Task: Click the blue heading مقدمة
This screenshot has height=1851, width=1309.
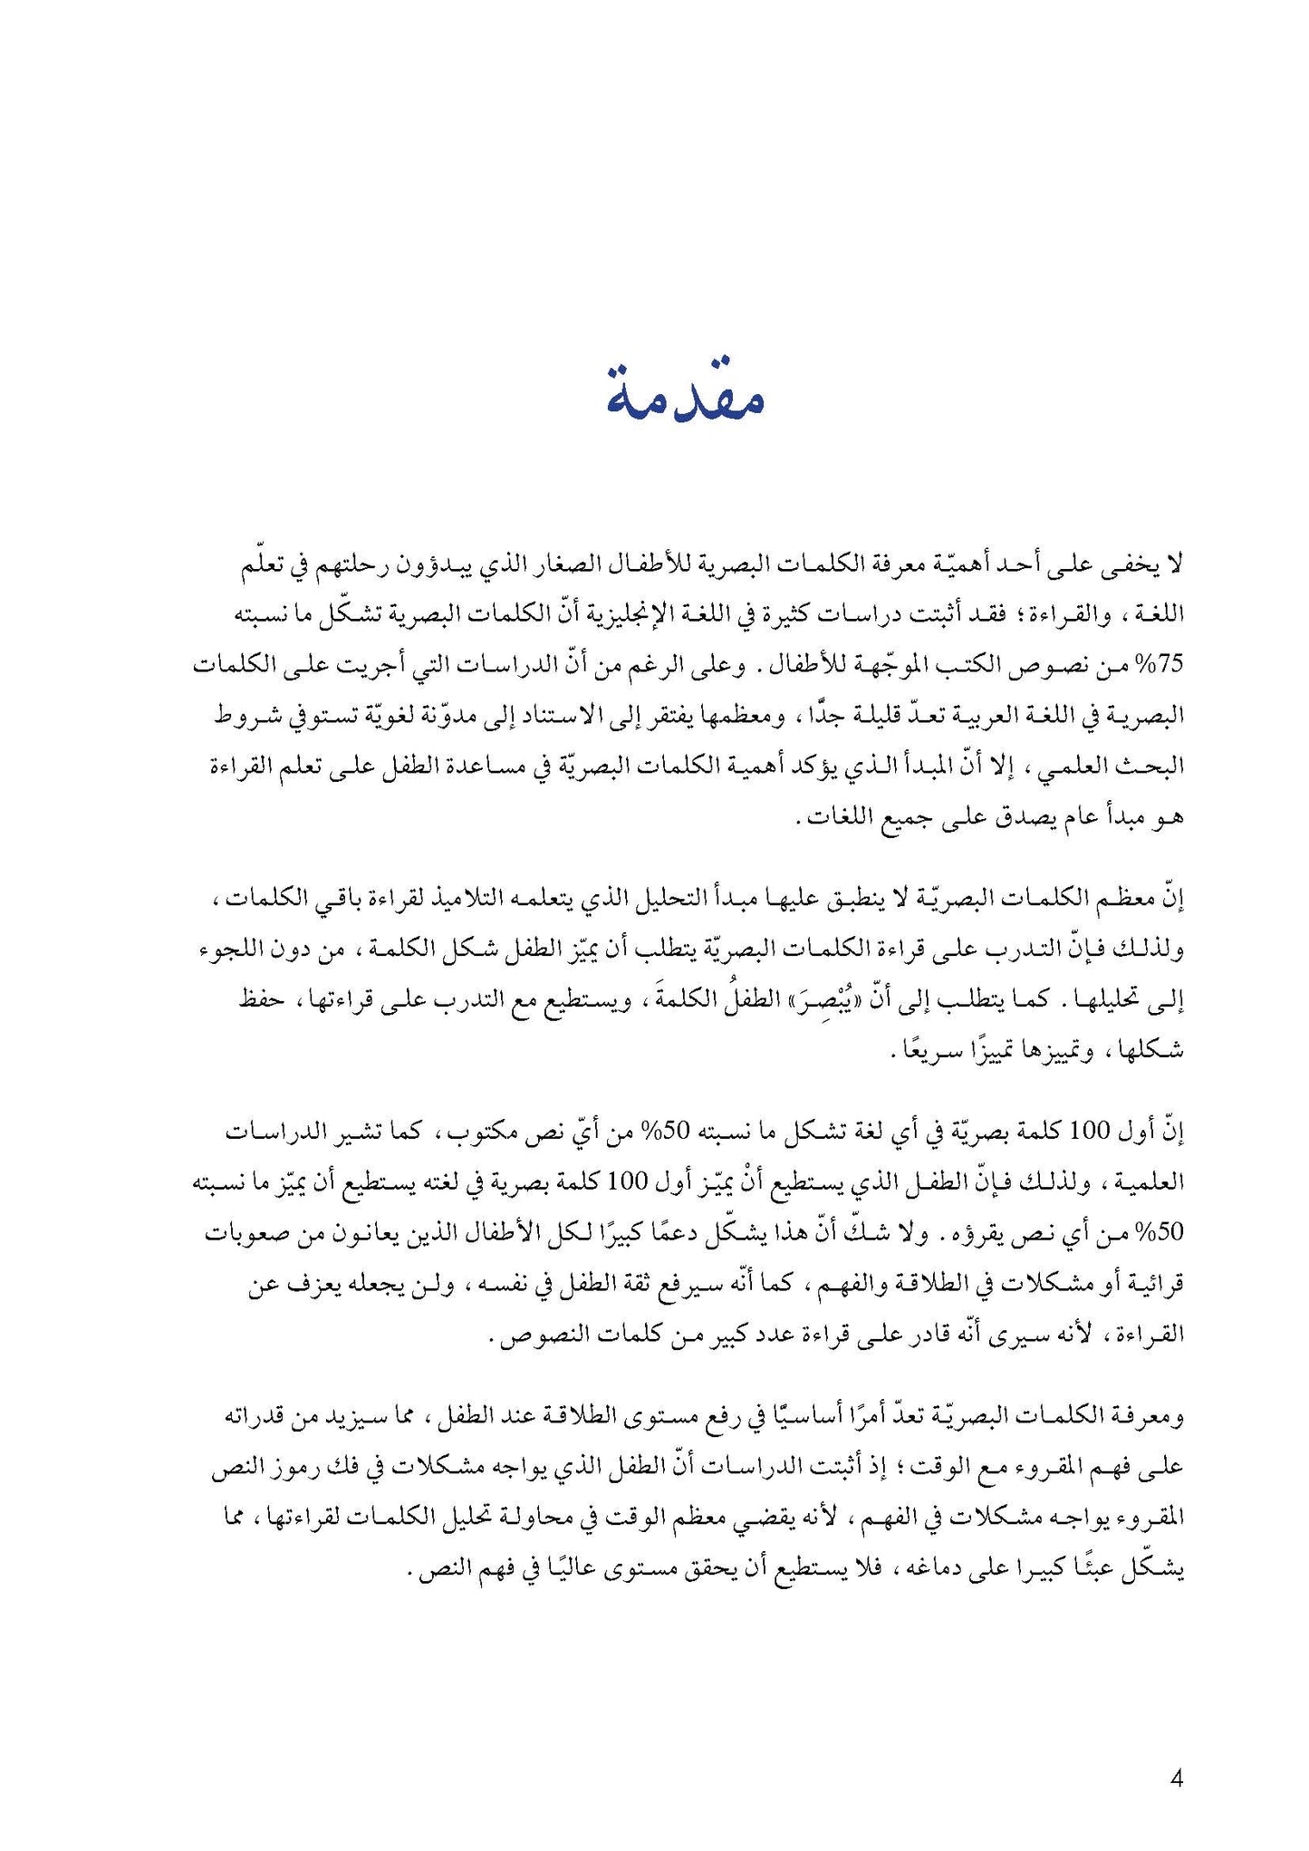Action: (685, 397)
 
